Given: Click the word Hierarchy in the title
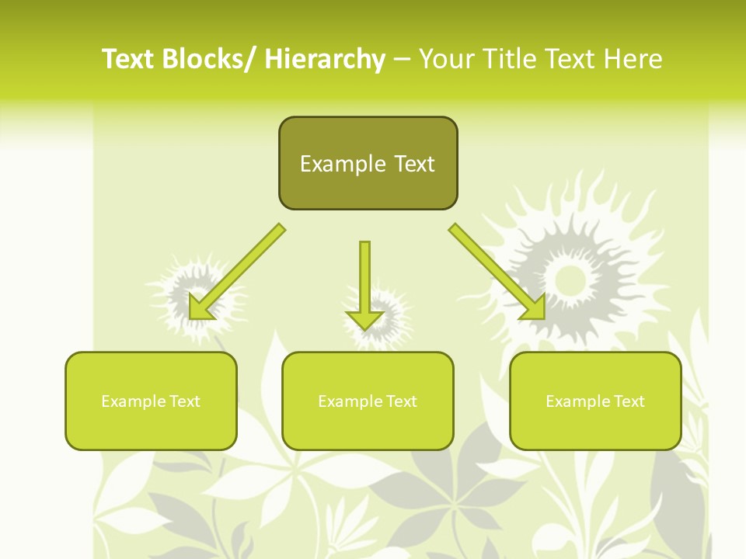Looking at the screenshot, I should [x=325, y=59].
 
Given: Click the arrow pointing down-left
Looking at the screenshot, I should [x=237, y=272].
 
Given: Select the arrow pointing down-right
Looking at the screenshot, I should [x=497, y=272].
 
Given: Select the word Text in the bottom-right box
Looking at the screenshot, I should [x=629, y=401].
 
